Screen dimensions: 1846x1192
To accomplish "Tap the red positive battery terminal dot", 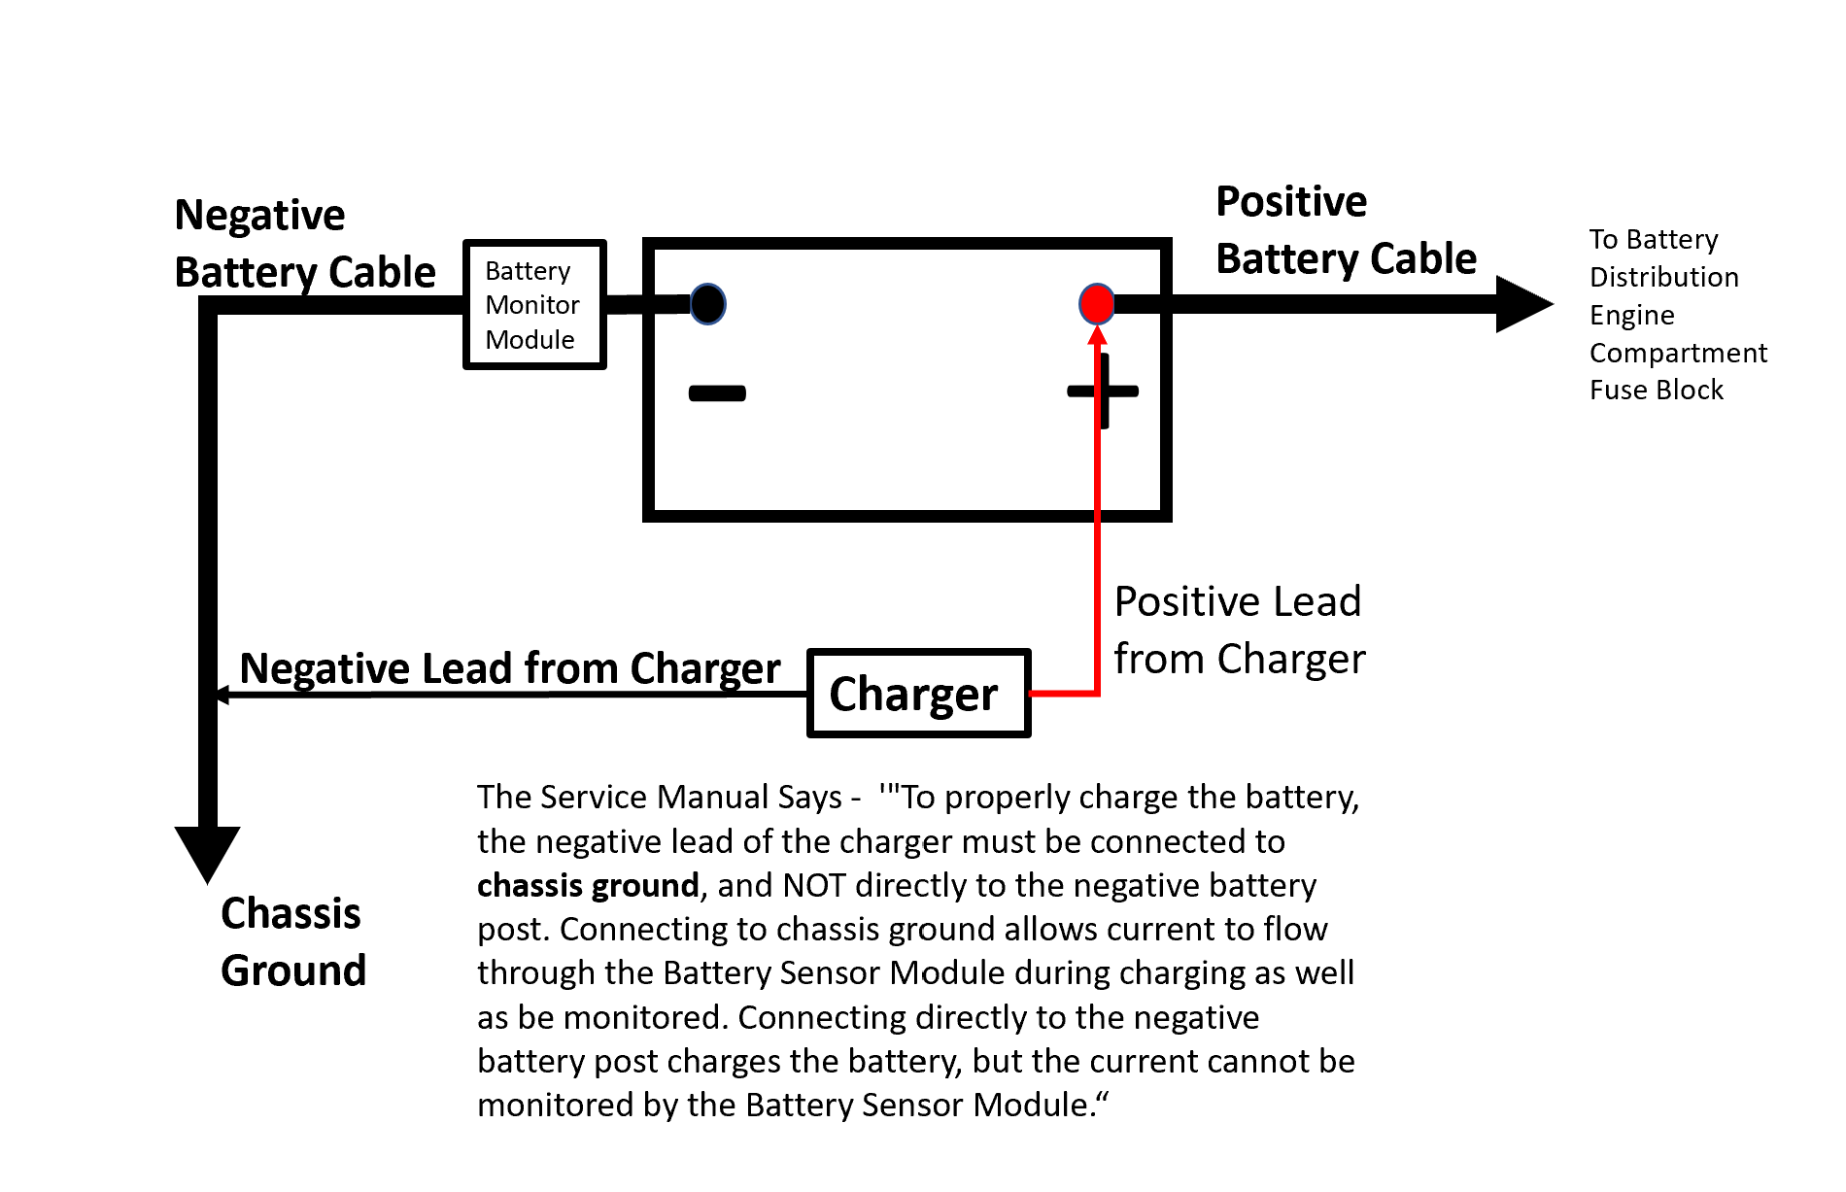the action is coord(1097,304).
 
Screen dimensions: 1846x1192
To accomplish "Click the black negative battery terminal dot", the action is coord(708,304).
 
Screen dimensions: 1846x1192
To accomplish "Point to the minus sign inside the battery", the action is coord(717,393).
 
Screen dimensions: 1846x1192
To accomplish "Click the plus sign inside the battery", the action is coord(1103,392).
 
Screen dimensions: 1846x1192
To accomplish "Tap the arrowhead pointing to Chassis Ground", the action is coord(207,854).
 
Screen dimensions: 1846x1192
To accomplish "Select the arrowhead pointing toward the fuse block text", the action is coord(1524,304).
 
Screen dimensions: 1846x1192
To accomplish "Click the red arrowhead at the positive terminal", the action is coord(1098,336).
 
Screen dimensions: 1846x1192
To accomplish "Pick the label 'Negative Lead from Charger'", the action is coord(510,668).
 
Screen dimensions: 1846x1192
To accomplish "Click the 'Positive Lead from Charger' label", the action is coord(1240,630).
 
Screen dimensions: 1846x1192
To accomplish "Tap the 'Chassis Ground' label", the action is coord(293,941).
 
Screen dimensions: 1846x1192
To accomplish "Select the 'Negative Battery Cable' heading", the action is coord(305,243).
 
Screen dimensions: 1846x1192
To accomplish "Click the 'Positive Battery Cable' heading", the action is coord(1346,230).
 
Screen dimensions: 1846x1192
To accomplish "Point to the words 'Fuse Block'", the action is coord(1657,390).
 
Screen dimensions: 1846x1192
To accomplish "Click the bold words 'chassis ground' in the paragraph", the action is coord(588,885).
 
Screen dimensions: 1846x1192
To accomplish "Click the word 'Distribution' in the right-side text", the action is coord(1664,277).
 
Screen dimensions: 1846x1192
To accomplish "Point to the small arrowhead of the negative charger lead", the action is coord(222,695).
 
